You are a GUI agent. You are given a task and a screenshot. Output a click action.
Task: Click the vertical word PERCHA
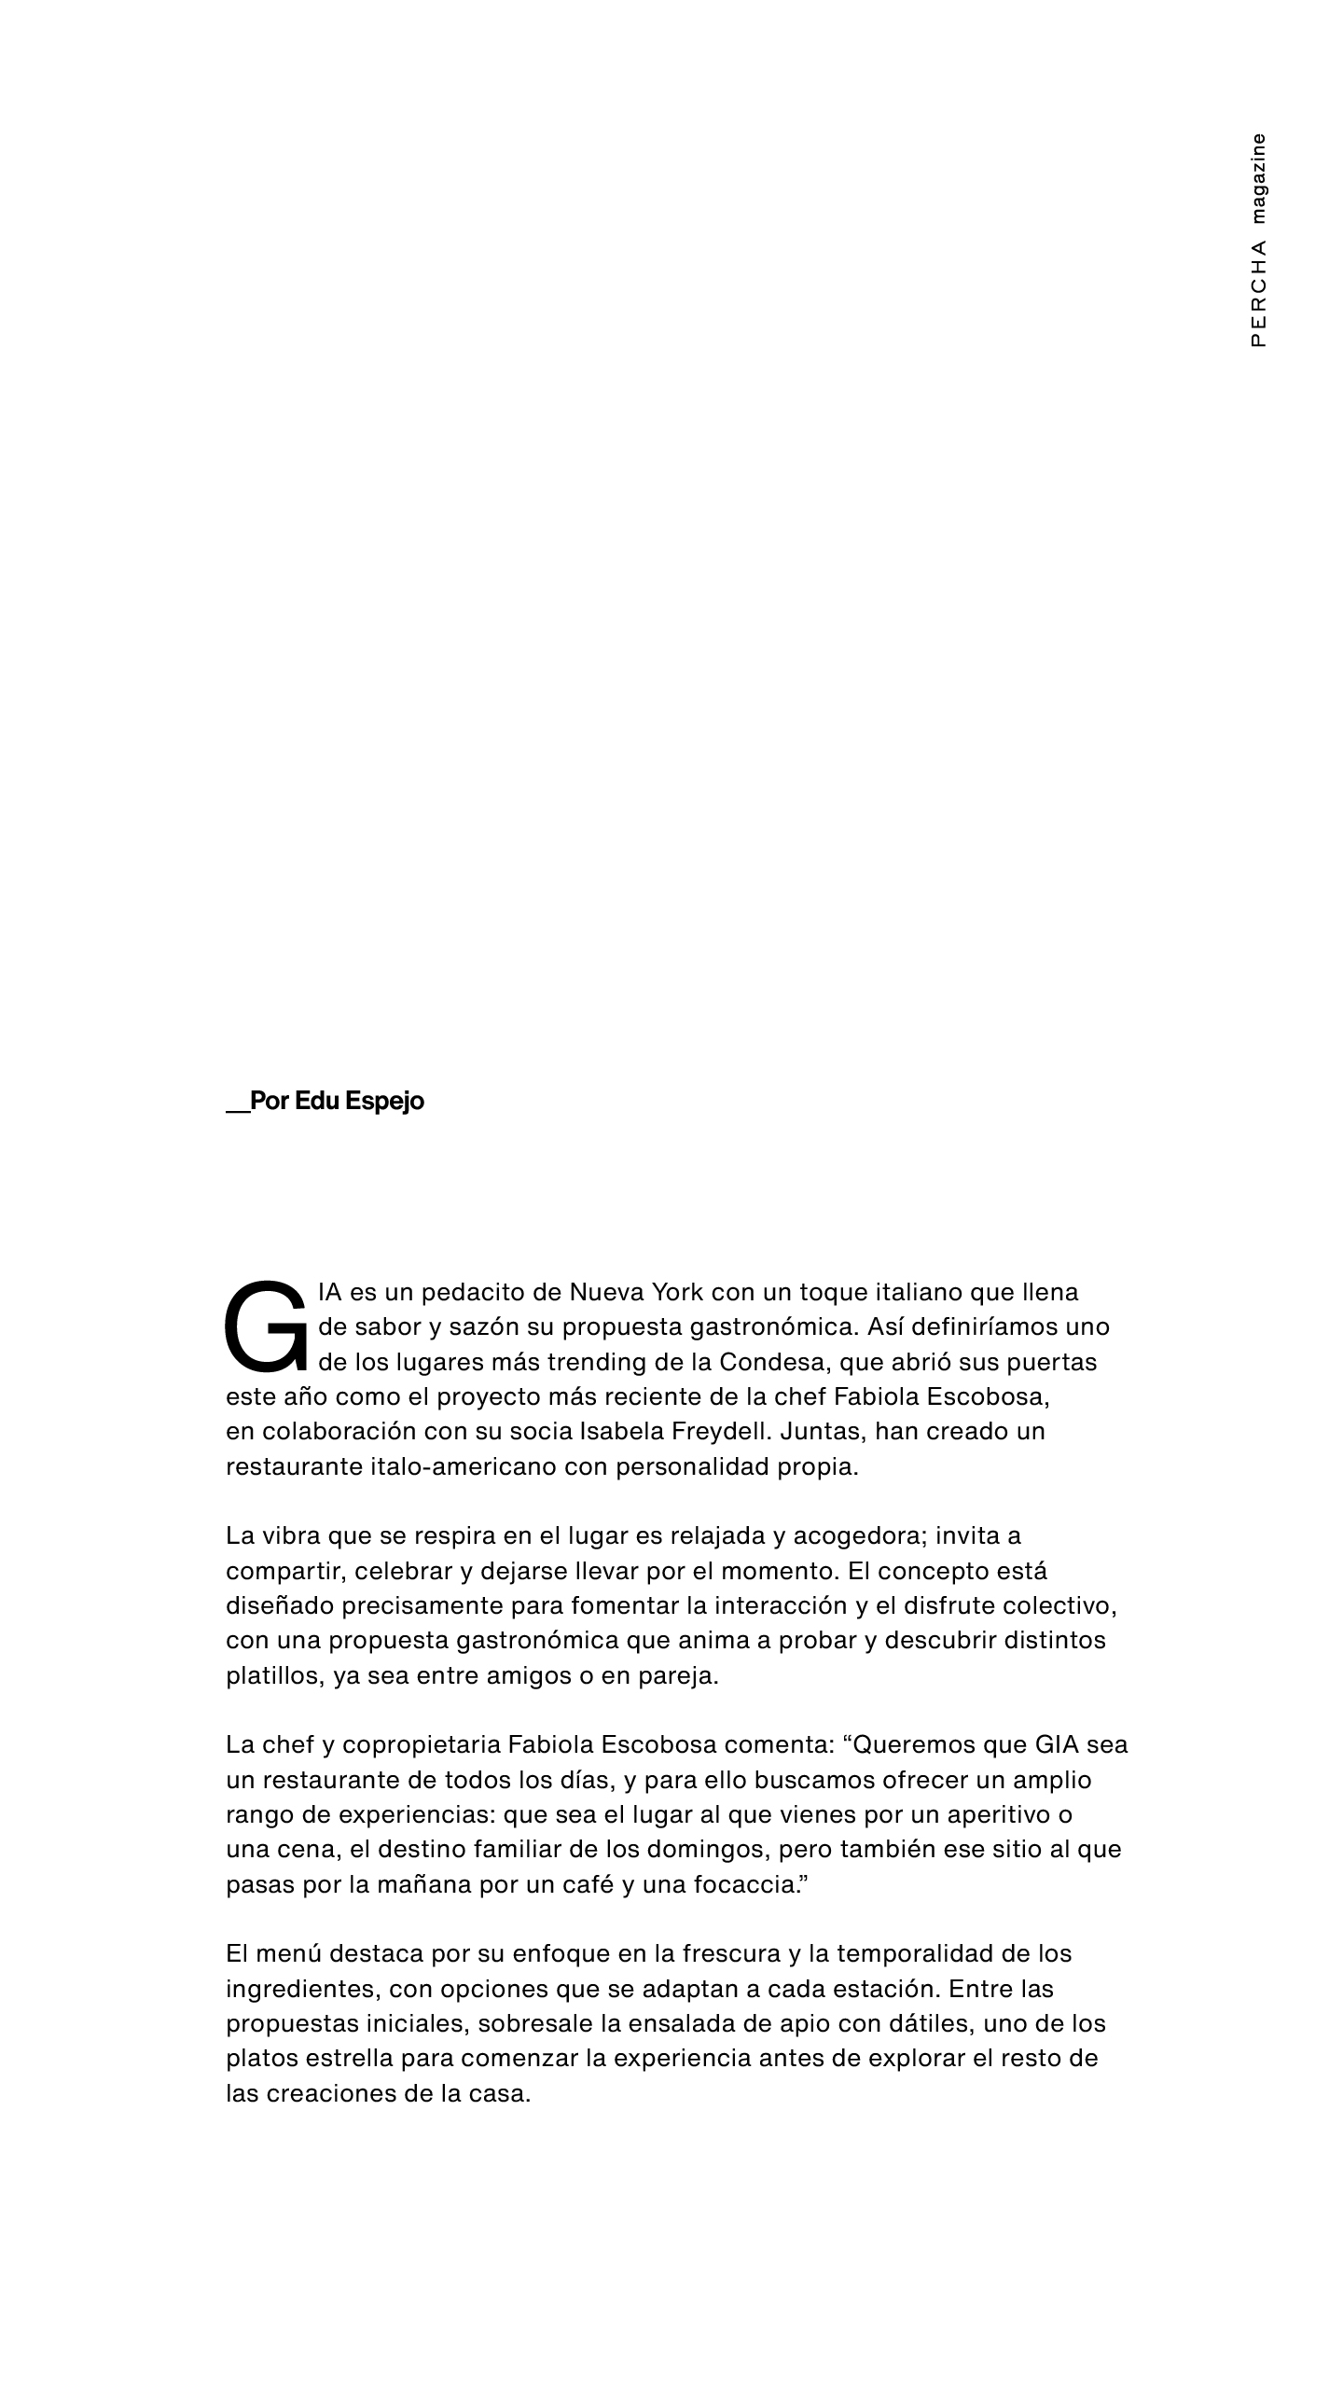pyautogui.click(x=1259, y=294)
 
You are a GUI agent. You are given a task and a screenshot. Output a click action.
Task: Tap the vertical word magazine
pyautogui.click(x=1259, y=178)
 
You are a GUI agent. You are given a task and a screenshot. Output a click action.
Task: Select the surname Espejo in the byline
pyautogui.click(x=384, y=1102)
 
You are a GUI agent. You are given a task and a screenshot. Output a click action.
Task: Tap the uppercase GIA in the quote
pyautogui.click(x=1057, y=1745)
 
